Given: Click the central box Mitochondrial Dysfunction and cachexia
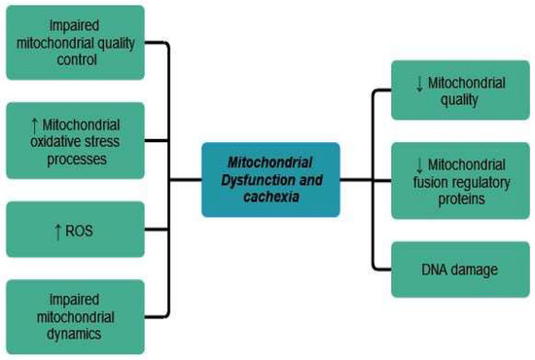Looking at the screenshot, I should click(x=270, y=180).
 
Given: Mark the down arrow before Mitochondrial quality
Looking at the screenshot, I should click(x=419, y=84).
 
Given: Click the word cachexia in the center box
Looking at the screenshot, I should click(x=270, y=198).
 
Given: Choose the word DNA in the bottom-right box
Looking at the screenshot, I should click(x=432, y=268).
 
